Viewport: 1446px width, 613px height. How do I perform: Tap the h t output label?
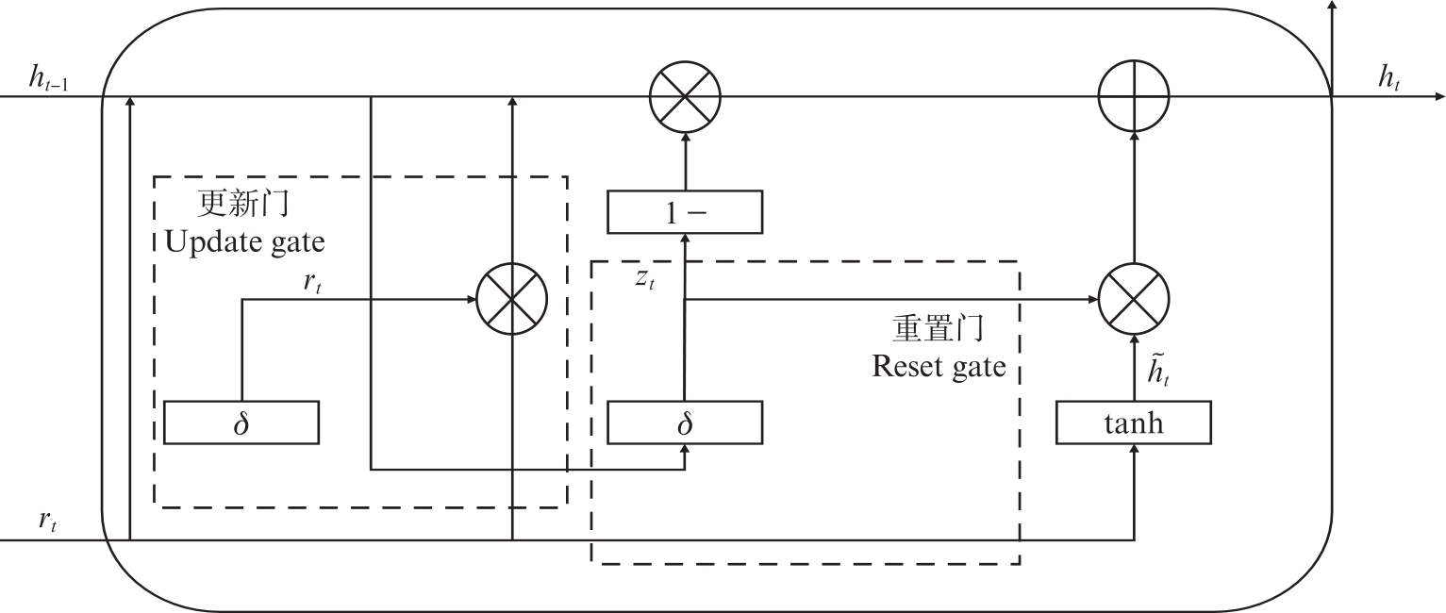(x=1388, y=81)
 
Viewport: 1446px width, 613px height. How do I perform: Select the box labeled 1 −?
(x=684, y=212)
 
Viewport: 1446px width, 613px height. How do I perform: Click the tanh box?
(x=1133, y=422)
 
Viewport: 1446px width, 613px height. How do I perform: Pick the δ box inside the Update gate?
(x=241, y=422)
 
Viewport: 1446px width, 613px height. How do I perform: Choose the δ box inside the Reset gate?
(x=684, y=422)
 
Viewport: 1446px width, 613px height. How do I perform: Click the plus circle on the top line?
(x=1134, y=96)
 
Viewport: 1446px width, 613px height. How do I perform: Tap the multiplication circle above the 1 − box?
(x=685, y=96)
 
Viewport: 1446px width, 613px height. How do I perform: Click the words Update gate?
(x=244, y=242)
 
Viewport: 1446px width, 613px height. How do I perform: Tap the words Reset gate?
(x=939, y=366)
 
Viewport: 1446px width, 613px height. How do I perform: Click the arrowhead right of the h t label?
(x=1438, y=96)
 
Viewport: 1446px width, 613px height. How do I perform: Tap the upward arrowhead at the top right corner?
(x=1332, y=6)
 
